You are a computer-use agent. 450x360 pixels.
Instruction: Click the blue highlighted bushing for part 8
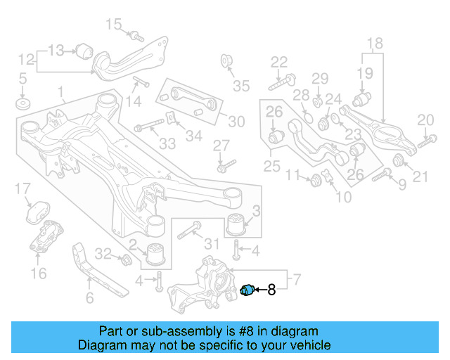point(247,289)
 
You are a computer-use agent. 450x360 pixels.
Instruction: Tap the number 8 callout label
point(271,289)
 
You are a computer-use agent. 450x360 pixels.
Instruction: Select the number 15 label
point(114,26)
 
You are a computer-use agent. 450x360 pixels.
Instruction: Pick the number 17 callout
point(22,188)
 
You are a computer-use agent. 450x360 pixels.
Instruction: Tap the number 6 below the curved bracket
point(89,298)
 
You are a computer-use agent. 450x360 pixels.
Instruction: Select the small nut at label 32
point(126,261)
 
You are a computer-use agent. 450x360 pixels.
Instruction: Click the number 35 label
point(241,86)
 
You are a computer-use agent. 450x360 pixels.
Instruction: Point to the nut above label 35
point(228,60)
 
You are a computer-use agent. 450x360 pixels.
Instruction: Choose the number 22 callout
point(279,62)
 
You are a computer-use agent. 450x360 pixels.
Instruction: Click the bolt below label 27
point(224,167)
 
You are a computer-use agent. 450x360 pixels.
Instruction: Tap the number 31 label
point(212,244)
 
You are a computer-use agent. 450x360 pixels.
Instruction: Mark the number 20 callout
point(425,120)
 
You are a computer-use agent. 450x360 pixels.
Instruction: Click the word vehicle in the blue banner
point(308,345)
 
